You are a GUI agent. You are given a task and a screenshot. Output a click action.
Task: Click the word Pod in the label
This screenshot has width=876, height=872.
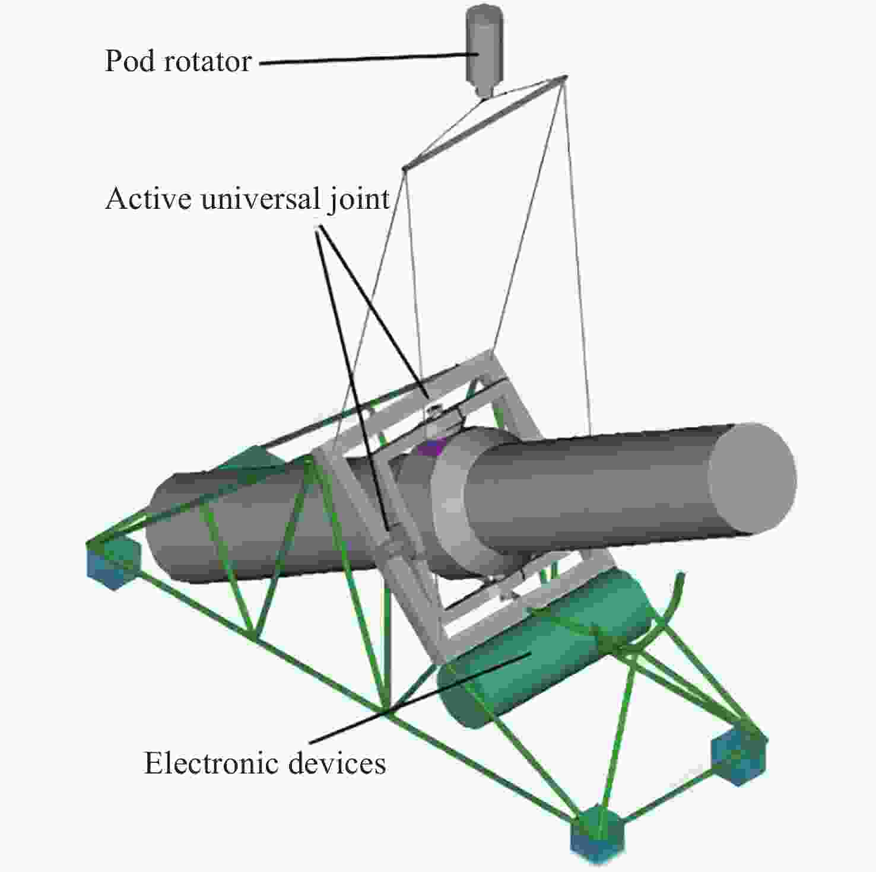[x=127, y=61]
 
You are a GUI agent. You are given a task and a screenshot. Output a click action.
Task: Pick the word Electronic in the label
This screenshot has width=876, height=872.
[x=212, y=763]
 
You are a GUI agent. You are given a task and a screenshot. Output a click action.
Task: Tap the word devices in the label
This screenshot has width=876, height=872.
[x=337, y=763]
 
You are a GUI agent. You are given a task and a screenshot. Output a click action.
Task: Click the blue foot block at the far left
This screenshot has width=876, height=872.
[x=113, y=564]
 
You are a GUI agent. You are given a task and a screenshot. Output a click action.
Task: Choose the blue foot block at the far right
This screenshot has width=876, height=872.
[x=739, y=756]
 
